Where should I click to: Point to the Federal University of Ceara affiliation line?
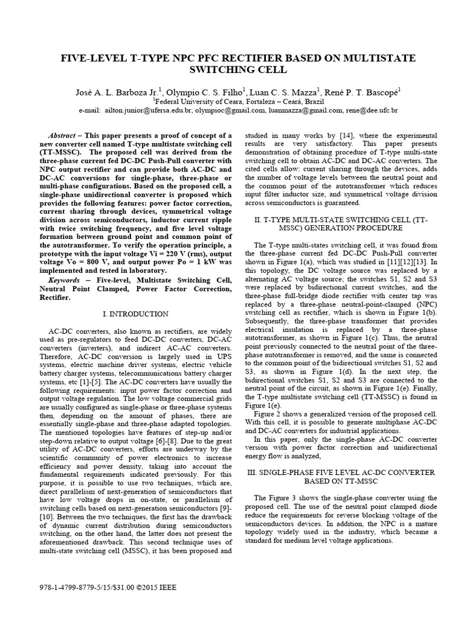tap(231, 102)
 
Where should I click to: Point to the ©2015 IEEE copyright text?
tap(156, 588)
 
